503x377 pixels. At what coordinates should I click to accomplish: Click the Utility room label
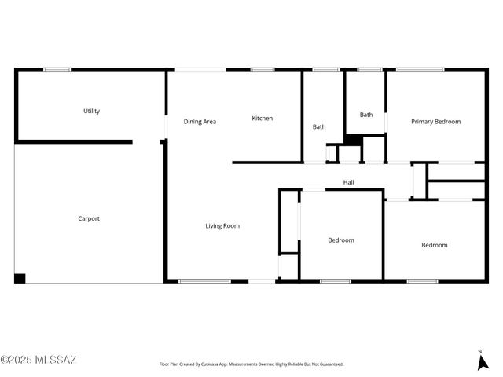(91, 112)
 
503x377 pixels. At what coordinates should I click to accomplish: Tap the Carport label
(89, 219)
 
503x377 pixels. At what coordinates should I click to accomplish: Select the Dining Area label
(200, 122)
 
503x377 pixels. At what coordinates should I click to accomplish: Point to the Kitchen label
(263, 119)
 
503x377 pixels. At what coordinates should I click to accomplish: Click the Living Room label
(222, 226)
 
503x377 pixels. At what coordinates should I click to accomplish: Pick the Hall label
(349, 183)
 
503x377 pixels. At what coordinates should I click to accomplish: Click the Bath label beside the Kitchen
(319, 127)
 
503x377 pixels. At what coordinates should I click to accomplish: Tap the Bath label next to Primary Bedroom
(366, 115)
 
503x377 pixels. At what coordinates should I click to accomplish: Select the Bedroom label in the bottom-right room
(434, 245)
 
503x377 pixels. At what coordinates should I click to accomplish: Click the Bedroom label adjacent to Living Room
(341, 240)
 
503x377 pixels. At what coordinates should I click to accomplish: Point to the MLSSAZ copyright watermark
(39, 361)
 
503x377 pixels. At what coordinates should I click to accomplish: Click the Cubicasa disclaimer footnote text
(251, 364)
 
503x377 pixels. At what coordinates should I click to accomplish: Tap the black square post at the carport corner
(20, 278)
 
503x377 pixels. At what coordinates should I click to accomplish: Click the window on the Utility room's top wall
(57, 70)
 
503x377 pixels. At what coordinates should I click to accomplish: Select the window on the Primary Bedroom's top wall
(420, 70)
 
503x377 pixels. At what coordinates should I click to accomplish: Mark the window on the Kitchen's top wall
(263, 70)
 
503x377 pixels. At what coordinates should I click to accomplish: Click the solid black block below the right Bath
(353, 140)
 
